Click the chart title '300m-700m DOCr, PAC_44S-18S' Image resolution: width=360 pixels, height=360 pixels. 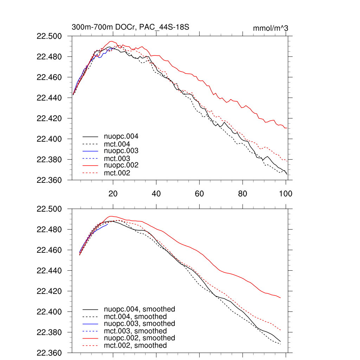pyautogui.click(x=131, y=27)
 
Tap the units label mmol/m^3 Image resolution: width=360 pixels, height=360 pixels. pyautogui.click(x=270, y=28)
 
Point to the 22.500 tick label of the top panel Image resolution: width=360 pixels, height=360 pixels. pyautogui.click(x=52, y=36)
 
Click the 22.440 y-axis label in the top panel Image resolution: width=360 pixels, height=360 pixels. pyautogui.click(x=52, y=98)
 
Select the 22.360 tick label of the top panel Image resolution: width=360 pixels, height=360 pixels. pyautogui.click(x=52, y=180)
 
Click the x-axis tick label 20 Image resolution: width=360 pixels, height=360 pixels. pyautogui.click(x=113, y=193)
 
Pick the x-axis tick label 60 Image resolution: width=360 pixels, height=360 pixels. pyautogui.click(x=199, y=193)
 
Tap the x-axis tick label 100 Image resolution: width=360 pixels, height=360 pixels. pyautogui.click(x=286, y=193)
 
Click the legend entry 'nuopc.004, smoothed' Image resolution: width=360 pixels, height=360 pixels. pyautogui.click(x=139, y=309)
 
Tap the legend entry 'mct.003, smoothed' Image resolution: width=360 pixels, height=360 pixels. pyautogui.click(x=135, y=331)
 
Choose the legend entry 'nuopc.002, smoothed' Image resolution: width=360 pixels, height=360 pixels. pyautogui.click(x=139, y=338)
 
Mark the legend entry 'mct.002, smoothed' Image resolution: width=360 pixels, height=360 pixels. pyautogui.click(x=135, y=346)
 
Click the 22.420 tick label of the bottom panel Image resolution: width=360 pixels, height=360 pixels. pyautogui.click(x=52, y=291)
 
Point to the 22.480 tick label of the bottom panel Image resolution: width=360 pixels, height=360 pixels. pyautogui.click(x=52, y=230)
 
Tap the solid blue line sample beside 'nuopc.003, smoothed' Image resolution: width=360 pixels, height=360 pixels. pyautogui.click(x=90, y=324)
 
